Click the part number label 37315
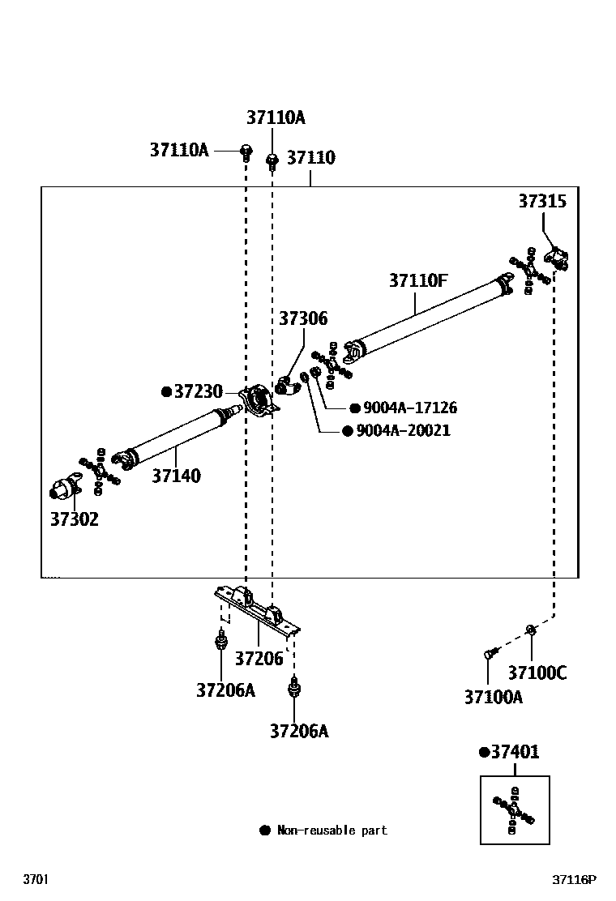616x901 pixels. click(542, 202)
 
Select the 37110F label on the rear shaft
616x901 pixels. click(417, 281)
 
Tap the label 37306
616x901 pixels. click(303, 318)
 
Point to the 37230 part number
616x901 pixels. click(198, 391)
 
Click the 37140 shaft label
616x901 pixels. click(176, 476)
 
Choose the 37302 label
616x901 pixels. click(74, 519)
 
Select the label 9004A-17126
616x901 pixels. click(410, 408)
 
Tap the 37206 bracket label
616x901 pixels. click(259, 658)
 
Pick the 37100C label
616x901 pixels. click(537, 673)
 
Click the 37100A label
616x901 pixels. click(493, 696)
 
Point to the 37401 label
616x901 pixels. click(515, 752)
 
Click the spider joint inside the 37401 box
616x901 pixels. click(514, 809)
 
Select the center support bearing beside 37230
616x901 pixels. click(259, 399)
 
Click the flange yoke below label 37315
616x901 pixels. click(557, 258)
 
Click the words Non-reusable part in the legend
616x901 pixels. click(332, 831)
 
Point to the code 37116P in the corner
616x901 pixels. click(574, 879)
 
